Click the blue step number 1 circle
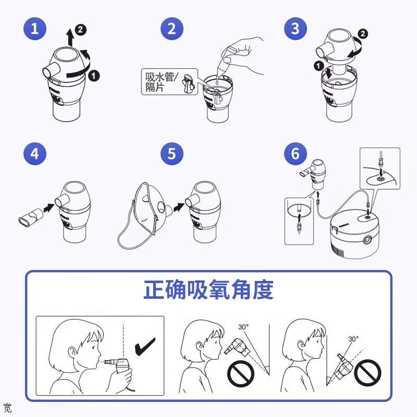tap(35, 29)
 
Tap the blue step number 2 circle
tap(172, 29)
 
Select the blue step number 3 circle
tap(296, 29)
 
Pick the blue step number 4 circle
tap(35, 153)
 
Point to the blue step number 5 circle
tap(172, 153)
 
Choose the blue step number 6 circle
tap(296, 153)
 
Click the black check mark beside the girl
tap(145, 346)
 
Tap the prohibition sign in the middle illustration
tap(241, 373)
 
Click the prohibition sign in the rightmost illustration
tap(367, 373)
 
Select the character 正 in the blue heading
tap(154, 290)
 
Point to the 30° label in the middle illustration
tap(243, 327)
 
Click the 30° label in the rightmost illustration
tap(353, 339)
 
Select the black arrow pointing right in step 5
tap(179, 207)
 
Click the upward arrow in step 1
tap(70, 38)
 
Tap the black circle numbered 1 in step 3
tap(318, 66)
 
